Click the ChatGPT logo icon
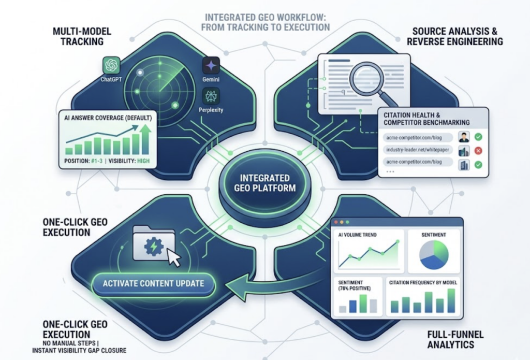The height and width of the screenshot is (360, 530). pyautogui.click(x=111, y=65)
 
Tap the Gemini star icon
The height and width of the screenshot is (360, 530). pyautogui.click(x=211, y=65)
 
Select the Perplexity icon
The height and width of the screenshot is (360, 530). pyautogui.click(x=211, y=96)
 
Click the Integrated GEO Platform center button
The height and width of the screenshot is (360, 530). pyautogui.click(x=264, y=183)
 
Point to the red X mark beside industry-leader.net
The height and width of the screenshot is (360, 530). pyautogui.click(x=478, y=151)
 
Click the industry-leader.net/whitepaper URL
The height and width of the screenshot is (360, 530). pyautogui.click(x=418, y=150)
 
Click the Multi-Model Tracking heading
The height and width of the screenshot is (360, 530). pyautogui.click(x=82, y=37)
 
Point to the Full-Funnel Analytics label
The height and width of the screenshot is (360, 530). pyautogui.click(x=455, y=339)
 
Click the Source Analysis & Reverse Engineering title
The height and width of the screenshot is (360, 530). pyautogui.click(x=454, y=37)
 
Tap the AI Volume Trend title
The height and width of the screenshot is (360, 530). pyautogui.click(x=357, y=235)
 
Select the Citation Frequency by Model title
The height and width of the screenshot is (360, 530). pyautogui.click(x=423, y=282)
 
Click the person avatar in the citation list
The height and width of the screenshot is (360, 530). pyautogui.click(x=464, y=137)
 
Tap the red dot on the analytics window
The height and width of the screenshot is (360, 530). pyautogui.click(x=336, y=222)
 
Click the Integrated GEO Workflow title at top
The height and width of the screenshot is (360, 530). pyautogui.click(x=266, y=22)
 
